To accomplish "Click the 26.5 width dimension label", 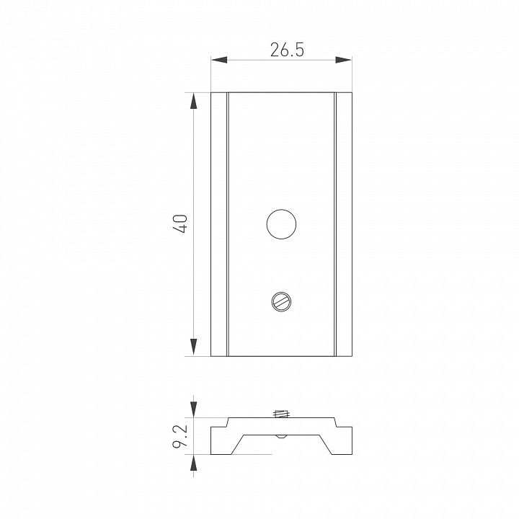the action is (x=287, y=50).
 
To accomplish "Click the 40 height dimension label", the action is (x=181, y=224).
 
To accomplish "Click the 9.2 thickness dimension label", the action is (x=180, y=436).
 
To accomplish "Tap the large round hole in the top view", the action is (x=281, y=224).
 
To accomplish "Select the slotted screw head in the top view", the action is (x=281, y=301).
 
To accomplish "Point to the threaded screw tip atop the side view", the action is (x=282, y=414).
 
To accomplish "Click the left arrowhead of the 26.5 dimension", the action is (x=219, y=60).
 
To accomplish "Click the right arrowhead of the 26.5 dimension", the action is (x=344, y=60).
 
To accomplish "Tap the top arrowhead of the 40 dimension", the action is (x=194, y=101).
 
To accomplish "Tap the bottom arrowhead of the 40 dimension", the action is (x=194, y=347).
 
